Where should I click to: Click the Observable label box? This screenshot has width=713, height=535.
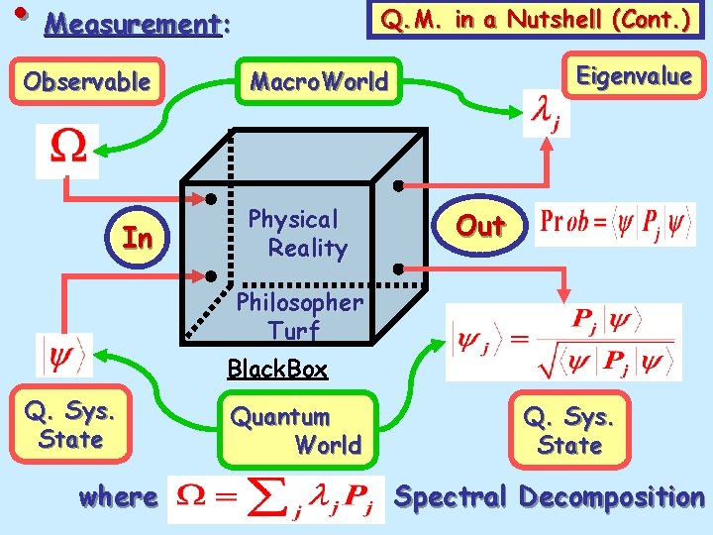pos(87,81)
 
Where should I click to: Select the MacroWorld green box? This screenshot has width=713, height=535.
pos(319,81)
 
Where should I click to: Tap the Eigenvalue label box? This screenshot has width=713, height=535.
pos(634,76)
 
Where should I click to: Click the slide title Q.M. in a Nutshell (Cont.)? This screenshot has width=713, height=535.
pos(537,19)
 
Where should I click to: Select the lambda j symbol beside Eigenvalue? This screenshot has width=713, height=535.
pos(546,115)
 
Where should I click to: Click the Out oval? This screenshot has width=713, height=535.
pos(480,227)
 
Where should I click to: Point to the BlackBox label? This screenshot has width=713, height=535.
pos(276,370)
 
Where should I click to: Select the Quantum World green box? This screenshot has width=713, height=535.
pos(297,431)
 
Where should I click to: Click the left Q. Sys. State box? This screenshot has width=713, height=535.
pos(69,424)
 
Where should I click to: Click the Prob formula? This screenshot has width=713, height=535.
pos(614,224)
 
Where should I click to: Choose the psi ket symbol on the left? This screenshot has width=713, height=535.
pos(65,355)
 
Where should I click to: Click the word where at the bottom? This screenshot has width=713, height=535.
pos(118,496)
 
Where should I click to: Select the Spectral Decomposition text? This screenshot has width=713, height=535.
pos(549,496)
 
